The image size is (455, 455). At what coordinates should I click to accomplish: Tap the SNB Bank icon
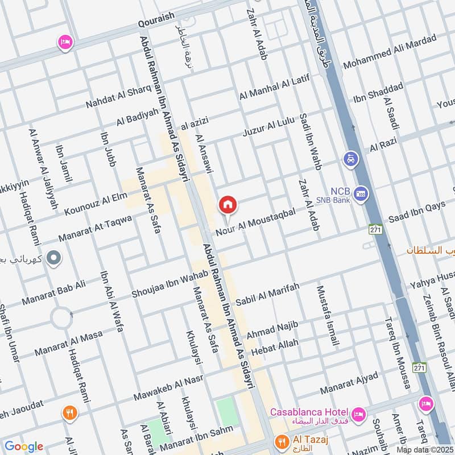[x=359, y=195]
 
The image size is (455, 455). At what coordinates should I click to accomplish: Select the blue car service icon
[x=350, y=159]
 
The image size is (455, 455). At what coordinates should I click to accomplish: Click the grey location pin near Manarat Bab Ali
[x=54, y=259]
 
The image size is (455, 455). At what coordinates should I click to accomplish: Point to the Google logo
[x=24, y=446]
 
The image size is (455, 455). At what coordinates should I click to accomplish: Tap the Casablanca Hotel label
[x=309, y=412]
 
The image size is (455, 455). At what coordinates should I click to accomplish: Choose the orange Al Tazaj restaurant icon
[x=280, y=441]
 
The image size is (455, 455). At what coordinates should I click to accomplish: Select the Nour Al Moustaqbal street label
[x=256, y=222]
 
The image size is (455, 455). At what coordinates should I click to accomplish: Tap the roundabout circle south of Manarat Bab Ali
[x=61, y=317]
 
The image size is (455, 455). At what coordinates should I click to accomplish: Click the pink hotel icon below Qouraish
[x=65, y=42]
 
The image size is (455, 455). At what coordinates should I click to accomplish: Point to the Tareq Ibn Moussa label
[x=398, y=353]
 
